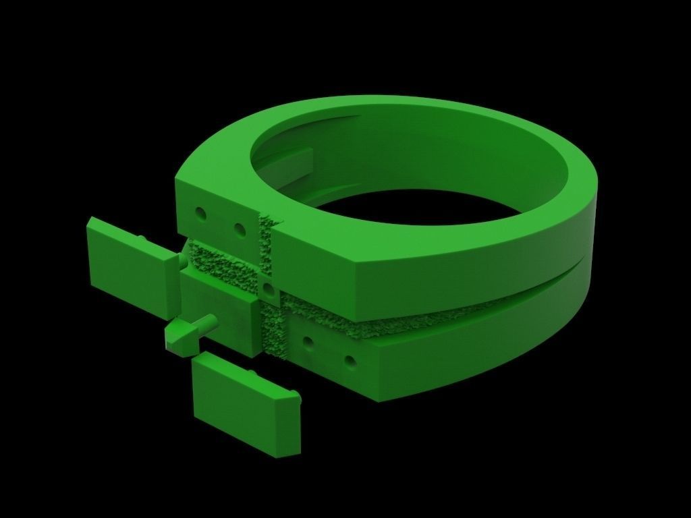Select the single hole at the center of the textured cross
click(x=269, y=289)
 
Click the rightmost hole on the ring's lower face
click(x=350, y=360)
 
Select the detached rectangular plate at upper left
click(x=128, y=264)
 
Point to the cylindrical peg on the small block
click(x=205, y=322)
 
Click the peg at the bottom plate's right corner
click(x=294, y=395)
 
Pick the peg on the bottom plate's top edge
click(x=252, y=372)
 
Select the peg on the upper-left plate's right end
click(x=180, y=260)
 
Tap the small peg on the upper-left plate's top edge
click(x=143, y=239)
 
